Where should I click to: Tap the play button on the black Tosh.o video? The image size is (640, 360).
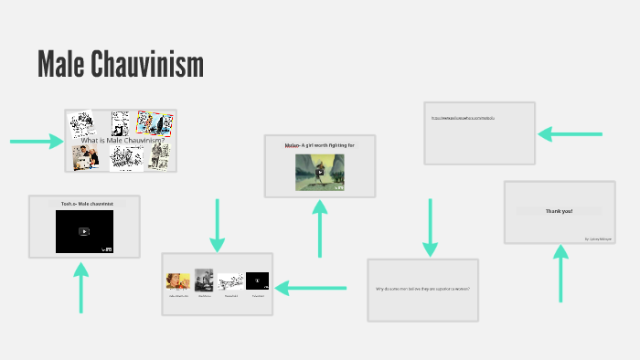click(84, 231)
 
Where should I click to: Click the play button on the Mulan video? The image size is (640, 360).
click(320, 171)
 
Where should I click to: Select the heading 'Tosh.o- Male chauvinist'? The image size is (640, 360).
click(84, 204)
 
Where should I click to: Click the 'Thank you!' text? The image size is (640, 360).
click(560, 211)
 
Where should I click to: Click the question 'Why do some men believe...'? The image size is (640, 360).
click(422, 289)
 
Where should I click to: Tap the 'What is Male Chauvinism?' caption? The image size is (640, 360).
click(121, 141)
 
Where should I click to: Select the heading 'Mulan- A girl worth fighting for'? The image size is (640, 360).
click(319, 145)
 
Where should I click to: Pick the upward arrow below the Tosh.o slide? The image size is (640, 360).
click(81, 287)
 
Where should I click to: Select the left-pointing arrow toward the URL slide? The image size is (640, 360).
click(570, 133)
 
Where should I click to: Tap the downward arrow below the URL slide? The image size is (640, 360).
click(430, 228)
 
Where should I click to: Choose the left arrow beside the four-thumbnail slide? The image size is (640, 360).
click(311, 288)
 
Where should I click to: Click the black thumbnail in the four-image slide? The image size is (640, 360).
click(257, 281)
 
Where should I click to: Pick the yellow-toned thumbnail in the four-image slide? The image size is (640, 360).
click(177, 281)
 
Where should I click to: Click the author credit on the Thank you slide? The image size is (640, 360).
click(599, 238)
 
